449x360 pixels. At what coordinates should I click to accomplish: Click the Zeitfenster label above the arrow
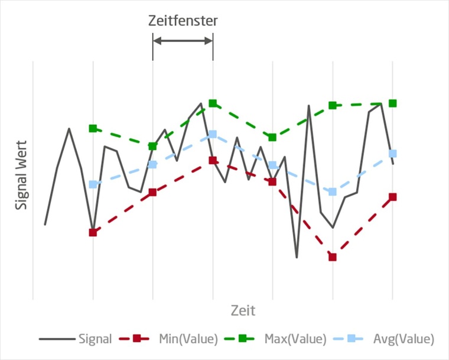point(183,21)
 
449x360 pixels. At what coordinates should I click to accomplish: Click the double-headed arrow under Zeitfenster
point(183,41)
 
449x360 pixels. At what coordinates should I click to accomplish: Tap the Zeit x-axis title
point(243,310)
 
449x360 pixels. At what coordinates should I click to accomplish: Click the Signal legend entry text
point(95,339)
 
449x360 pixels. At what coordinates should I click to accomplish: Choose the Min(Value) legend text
point(188,339)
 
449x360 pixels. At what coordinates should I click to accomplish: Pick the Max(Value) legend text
point(295,339)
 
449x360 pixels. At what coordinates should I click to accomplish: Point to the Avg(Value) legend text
point(404,339)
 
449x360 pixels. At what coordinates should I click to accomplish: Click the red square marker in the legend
point(136,339)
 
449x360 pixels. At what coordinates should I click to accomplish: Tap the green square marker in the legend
point(243,339)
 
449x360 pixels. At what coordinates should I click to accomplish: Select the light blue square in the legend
point(351,339)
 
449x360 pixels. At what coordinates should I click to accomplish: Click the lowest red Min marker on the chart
point(333,257)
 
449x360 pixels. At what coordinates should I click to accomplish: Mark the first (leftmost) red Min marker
point(93,232)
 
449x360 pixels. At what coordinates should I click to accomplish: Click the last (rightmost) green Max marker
point(392,103)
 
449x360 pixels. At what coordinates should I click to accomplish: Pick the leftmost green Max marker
point(93,128)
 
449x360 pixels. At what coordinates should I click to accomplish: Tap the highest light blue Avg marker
point(213,134)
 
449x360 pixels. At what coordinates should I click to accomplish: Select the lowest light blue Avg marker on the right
point(333,192)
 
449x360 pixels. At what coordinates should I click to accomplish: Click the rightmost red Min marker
point(393,197)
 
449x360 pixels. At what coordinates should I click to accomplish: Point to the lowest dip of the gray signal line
point(297,257)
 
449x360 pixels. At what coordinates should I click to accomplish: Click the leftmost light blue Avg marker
point(93,184)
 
